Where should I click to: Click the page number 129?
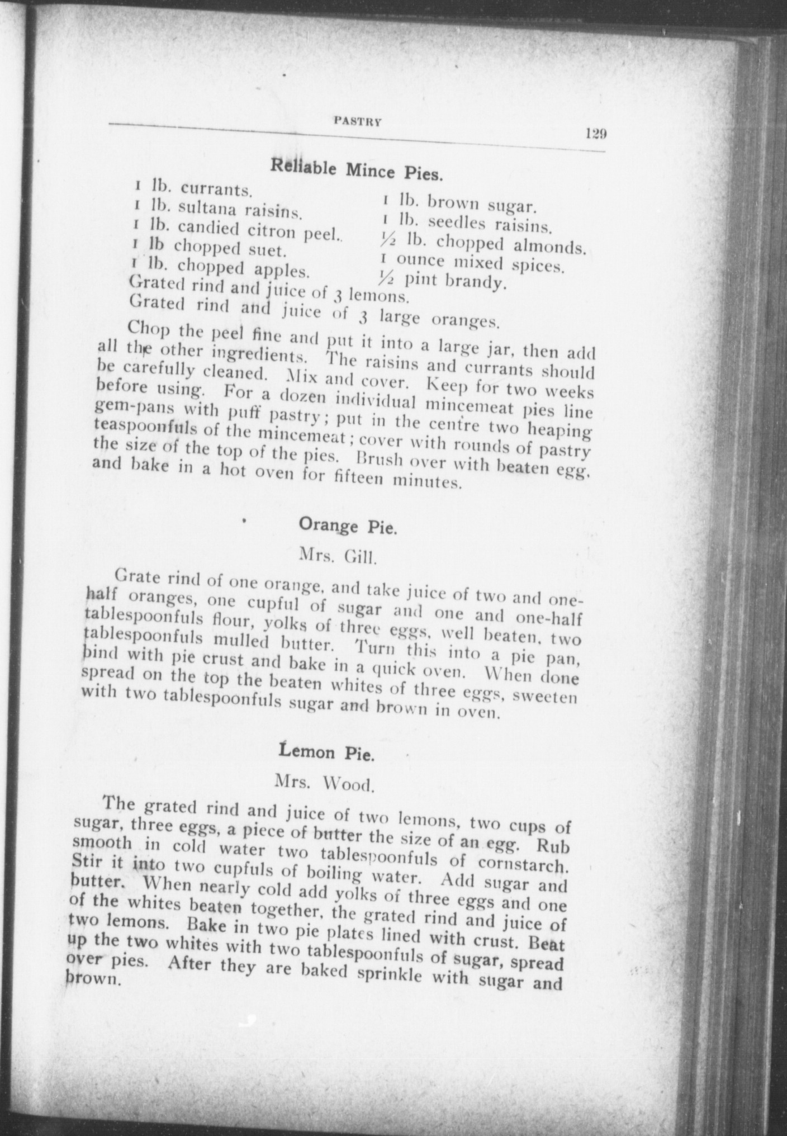click(596, 134)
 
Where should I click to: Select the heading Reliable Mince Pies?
click(357, 169)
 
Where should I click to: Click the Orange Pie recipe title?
click(348, 526)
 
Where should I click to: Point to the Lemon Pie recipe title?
click(326, 752)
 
